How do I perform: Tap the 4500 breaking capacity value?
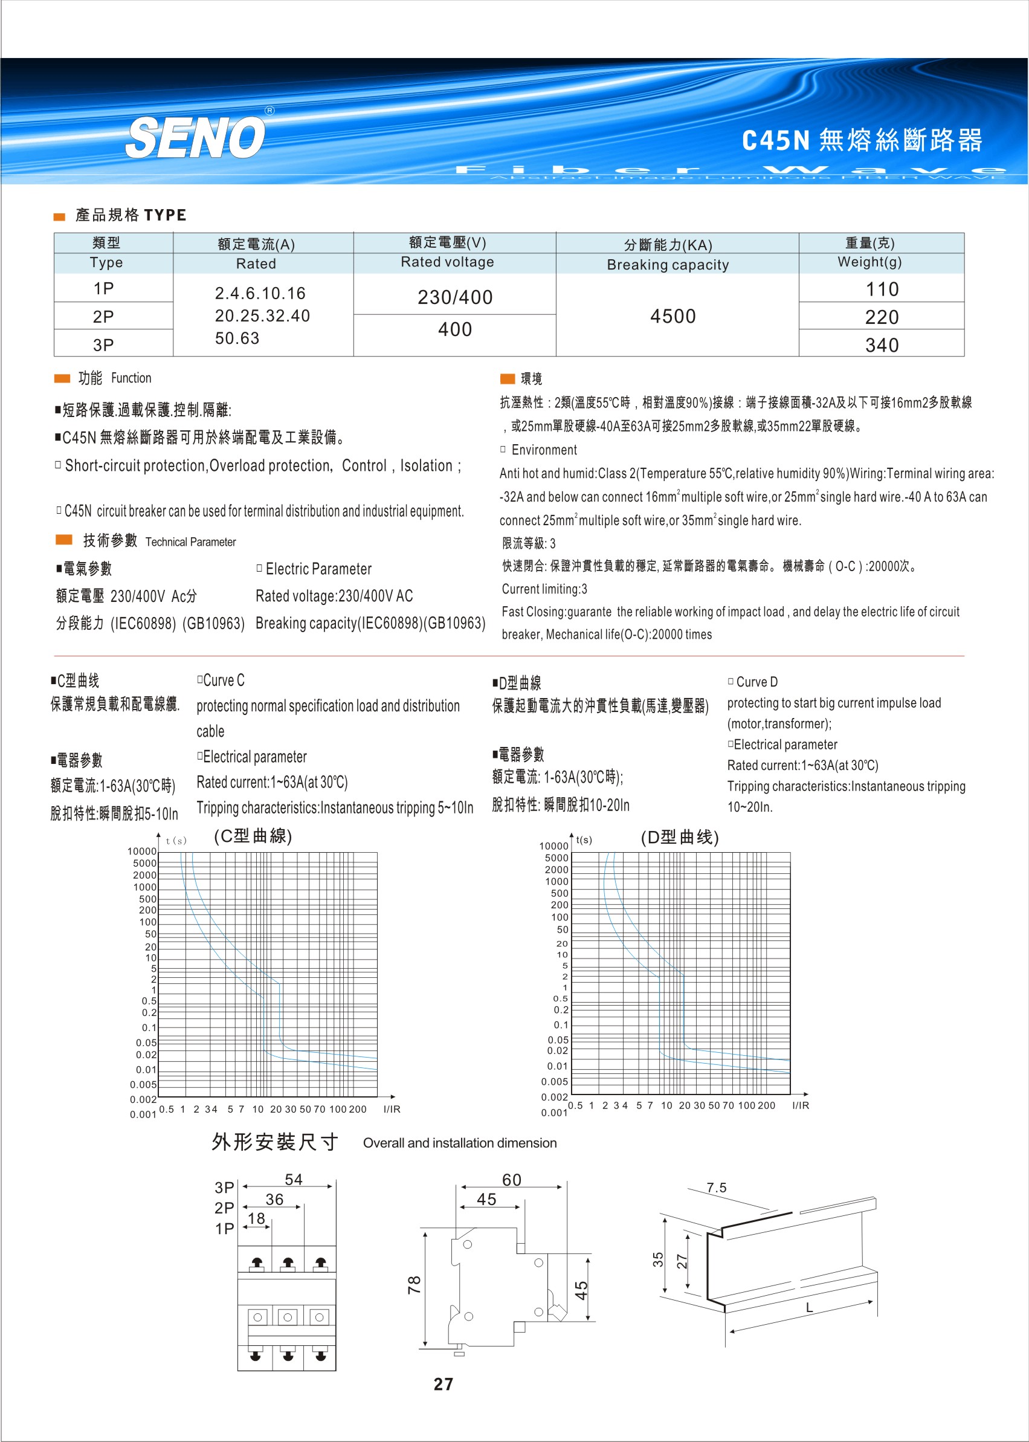[x=673, y=316]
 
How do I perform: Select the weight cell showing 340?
[x=882, y=345]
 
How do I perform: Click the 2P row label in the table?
[x=103, y=317]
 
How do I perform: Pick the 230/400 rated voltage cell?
[x=455, y=297]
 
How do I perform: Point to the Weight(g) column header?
[x=869, y=262]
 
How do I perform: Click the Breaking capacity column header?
[x=668, y=265]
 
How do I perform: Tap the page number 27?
[x=443, y=1385]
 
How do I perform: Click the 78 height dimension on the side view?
[x=415, y=1285]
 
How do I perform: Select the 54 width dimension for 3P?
[x=294, y=1180]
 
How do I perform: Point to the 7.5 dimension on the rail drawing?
[x=717, y=1188]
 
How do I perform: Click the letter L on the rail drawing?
[x=809, y=1308]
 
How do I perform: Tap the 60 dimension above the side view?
[x=511, y=1180]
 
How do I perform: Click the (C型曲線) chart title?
[x=253, y=836]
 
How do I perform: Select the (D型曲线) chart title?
[x=679, y=838]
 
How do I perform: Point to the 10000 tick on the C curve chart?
[x=141, y=852]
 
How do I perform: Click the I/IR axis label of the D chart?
[x=800, y=1105]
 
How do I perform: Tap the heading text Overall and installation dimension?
[x=459, y=1143]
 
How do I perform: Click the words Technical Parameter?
[x=190, y=542]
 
